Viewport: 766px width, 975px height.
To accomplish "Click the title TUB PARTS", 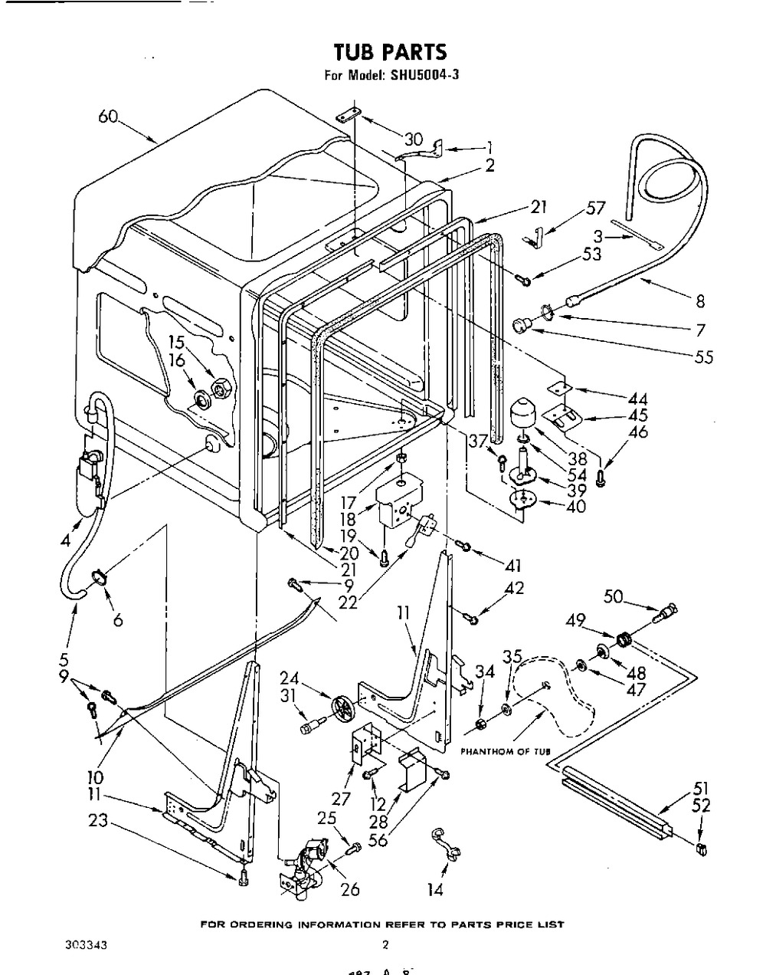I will pyautogui.click(x=389, y=51).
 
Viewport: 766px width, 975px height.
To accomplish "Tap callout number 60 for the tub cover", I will pyautogui.click(x=109, y=117).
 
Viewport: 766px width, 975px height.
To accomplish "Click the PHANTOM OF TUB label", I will pyautogui.click(x=506, y=751).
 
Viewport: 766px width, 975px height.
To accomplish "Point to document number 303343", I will pyautogui.click(x=86, y=944).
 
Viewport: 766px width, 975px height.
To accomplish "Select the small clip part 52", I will pyautogui.click(x=702, y=848).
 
